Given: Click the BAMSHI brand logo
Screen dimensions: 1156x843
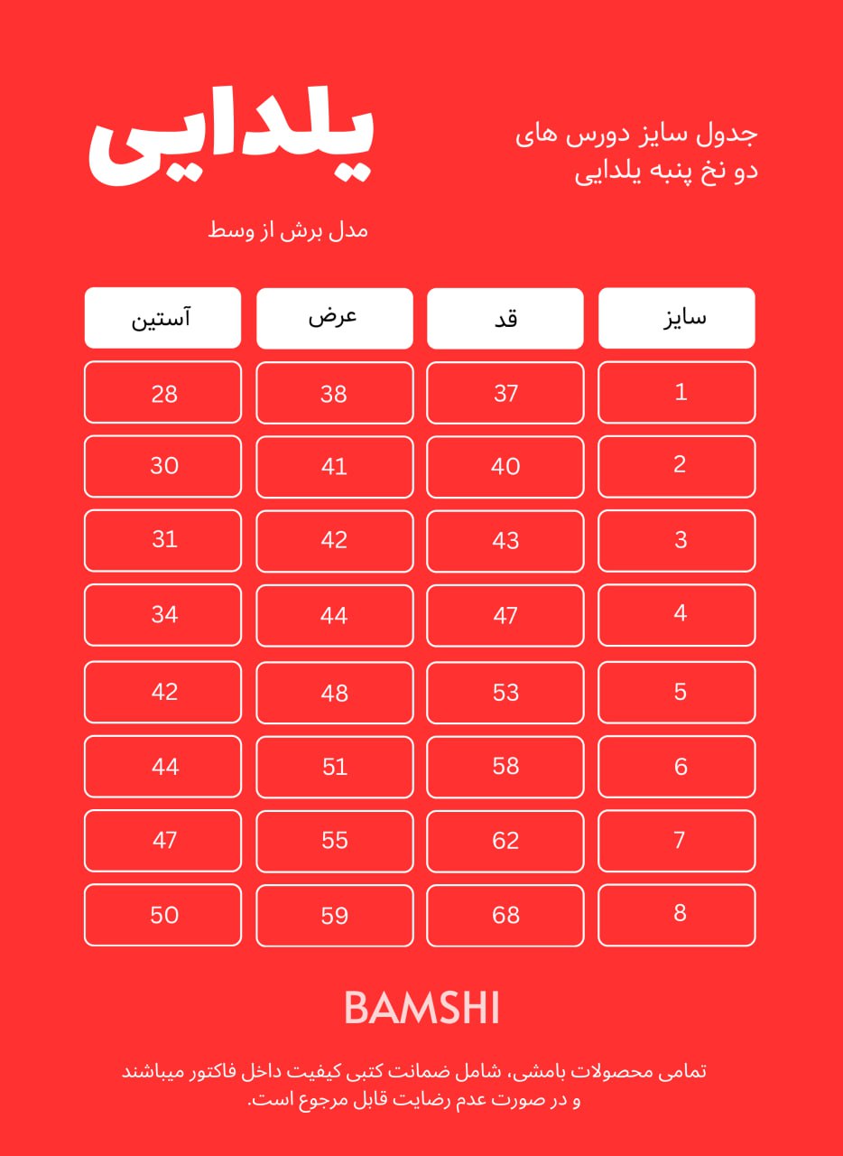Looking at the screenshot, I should click(421, 1008).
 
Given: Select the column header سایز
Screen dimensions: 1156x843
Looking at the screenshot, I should click(677, 318).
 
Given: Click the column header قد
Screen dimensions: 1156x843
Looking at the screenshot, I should click(505, 318).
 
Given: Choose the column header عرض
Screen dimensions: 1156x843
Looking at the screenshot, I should click(335, 318).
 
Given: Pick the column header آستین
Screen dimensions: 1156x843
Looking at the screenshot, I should click(163, 318).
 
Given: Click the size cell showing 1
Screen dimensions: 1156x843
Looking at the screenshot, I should click(677, 392).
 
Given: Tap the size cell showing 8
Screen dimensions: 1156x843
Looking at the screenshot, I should click(677, 914).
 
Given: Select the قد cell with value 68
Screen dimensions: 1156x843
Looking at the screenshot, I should click(505, 915).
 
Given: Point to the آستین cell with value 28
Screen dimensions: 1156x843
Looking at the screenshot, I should click(163, 393).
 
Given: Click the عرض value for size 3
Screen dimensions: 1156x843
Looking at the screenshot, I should click(335, 540).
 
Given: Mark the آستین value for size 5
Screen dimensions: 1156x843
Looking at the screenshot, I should click(163, 692).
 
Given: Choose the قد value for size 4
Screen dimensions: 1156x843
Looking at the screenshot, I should click(505, 615).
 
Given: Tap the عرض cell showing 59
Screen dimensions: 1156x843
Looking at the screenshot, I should click(335, 915).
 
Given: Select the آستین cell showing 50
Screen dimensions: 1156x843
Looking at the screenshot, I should click(163, 915).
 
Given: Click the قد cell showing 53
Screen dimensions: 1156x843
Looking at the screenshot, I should click(505, 692).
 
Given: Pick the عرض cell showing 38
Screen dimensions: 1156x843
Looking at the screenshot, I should click(335, 393).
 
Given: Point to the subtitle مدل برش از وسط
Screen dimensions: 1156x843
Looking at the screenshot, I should click(289, 229).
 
